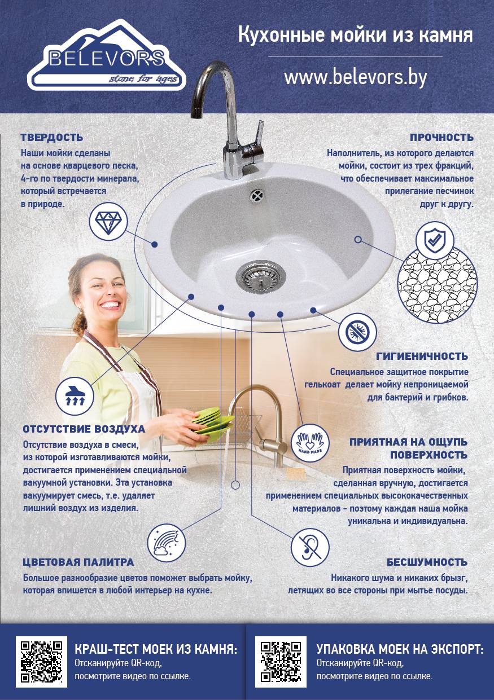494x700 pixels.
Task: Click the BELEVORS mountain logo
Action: (106, 56)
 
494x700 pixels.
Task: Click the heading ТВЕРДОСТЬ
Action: (52, 138)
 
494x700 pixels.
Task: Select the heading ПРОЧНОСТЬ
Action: (441, 138)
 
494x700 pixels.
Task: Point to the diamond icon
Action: (108, 221)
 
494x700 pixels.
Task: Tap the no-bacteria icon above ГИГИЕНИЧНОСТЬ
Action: (357, 332)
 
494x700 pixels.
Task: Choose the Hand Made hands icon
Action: (310, 443)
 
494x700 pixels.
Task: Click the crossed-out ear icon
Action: (310, 548)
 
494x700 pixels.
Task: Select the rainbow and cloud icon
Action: (166, 543)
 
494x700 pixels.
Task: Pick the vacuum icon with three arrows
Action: (75, 396)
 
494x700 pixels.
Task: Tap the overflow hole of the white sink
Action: (256, 196)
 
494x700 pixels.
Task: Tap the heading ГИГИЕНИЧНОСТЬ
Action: (422, 356)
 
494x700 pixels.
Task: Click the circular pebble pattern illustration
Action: (438, 283)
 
